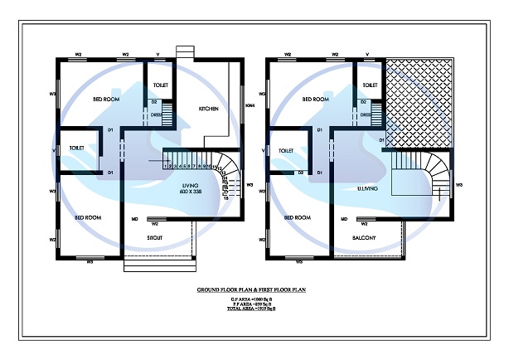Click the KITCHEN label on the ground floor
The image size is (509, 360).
coord(208,109)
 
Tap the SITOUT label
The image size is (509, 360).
coord(154,238)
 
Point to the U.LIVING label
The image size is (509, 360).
coord(368,188)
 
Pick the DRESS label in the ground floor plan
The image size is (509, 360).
coord(154,115)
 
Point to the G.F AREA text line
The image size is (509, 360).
coord(254,299)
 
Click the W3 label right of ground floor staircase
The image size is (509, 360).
coord(250,185)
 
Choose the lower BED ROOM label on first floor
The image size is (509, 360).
coord(297,217)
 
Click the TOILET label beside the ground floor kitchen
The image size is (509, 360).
coord(160,85)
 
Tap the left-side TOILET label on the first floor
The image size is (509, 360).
coord(287,150)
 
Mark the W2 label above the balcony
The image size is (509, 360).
coord(363,223)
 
